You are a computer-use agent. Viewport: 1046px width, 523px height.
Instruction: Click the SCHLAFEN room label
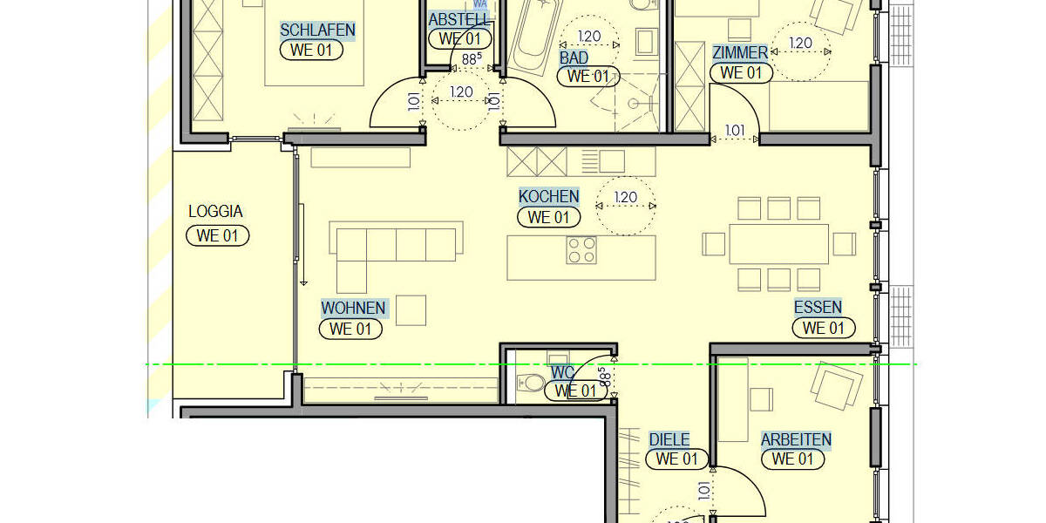click(x=317, y=30)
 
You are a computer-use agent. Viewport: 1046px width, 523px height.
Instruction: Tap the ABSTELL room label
click(x=458, y=19)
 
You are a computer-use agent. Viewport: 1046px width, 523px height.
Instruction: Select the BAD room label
click(x=574, y=58)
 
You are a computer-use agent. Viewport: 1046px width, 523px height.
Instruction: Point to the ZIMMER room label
click(x=740, y=52)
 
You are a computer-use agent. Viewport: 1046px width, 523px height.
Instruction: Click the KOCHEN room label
click(x=548, y=196)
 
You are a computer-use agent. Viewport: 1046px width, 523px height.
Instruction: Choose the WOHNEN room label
click(x=353, y=308)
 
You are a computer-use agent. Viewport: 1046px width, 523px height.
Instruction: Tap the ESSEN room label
click(x=818, y=307)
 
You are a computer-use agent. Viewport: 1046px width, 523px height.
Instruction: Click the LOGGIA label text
click(x=215, y=212)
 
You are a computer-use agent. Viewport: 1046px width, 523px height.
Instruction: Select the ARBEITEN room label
click(x=795, y=439)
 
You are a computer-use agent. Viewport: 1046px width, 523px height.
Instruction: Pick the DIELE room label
click(x=669, y=439)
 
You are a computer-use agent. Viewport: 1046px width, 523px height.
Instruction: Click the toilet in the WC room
click(x=530, y=382)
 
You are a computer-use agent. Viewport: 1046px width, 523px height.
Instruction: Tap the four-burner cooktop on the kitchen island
click(x=582, y=250)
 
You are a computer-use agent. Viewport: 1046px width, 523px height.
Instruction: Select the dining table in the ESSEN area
click(x=778, y=244)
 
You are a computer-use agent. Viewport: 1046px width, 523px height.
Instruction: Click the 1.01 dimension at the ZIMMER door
click(x=735, y=131)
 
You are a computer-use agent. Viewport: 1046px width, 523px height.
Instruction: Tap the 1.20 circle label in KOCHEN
click(x=625, y=197)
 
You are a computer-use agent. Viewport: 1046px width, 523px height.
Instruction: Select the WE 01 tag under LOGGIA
click(x=218, y=235)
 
